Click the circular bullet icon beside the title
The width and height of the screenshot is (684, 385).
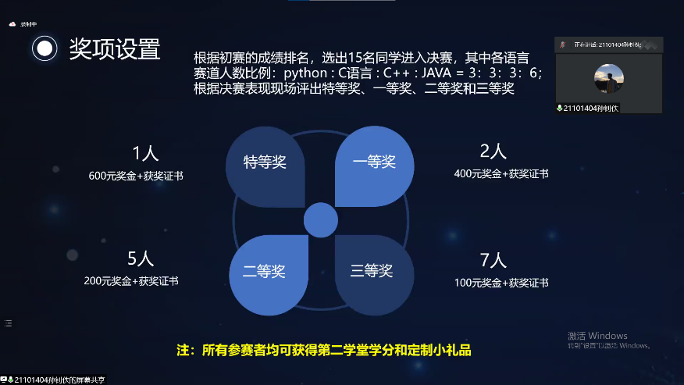tap(45, 48)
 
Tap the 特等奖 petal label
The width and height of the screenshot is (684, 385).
tap(265, 162)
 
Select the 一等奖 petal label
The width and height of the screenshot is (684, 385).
tap(374, 162)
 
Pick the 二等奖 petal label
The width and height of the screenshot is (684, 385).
tap(264, 271)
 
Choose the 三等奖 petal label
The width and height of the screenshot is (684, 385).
tap(372, 271)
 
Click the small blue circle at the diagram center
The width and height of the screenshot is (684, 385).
tap(319, 219)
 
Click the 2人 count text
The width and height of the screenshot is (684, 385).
tap(493, 151)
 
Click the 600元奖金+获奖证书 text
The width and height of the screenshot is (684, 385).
tap(136, 176)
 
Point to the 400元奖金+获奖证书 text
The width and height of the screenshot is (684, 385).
tap(501, 173)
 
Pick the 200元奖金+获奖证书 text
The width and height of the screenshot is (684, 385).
tap(136, 280)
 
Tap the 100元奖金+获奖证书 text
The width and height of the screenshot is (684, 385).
tap(501, 283)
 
